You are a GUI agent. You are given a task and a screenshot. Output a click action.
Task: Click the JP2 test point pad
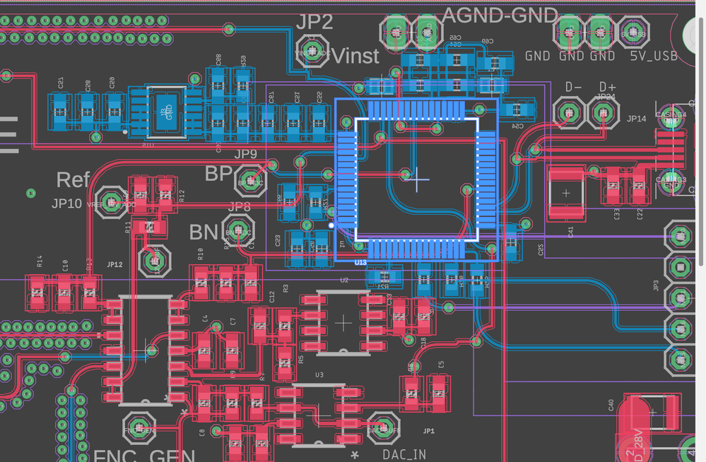[312, 52]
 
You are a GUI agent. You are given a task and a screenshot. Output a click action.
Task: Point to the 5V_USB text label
[653, 55]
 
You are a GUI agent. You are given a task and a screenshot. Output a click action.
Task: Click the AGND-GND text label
[500, 15]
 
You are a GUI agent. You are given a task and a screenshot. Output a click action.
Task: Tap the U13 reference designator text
[360, 262]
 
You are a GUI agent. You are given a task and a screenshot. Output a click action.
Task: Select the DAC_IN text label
[404, 454]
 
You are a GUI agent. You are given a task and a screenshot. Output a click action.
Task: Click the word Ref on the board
[73, 179]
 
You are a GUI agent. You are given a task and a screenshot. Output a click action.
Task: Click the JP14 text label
[637, 119]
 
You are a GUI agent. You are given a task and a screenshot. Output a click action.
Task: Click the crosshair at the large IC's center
[418, 179]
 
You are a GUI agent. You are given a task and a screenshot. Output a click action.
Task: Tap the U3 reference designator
[319, 374]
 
